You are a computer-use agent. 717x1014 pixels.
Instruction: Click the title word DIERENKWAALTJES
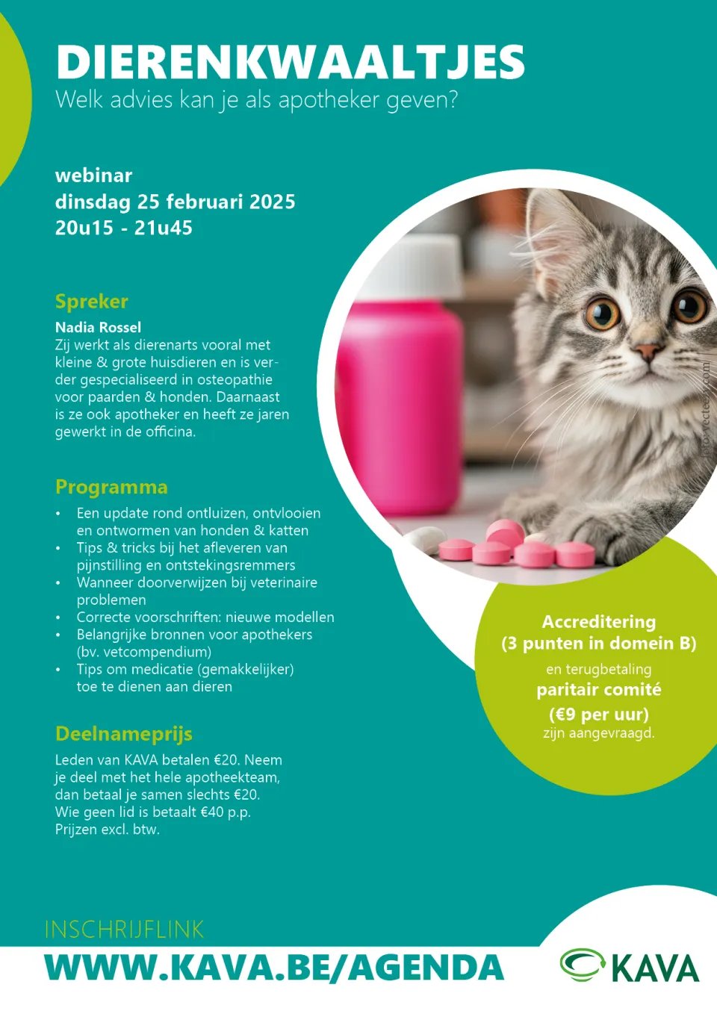coord(290,62)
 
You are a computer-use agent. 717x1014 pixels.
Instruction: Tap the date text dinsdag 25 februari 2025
coord(175,202)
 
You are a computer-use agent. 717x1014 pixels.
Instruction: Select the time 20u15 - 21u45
coord(123,228)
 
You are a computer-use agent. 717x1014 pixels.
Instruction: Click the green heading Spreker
coord(91,302)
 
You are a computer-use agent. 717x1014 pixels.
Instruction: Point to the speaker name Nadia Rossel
coord(98,327)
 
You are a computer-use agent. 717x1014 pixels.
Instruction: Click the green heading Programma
coord(111,487)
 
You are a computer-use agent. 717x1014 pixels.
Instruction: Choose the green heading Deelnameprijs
coord(123,734)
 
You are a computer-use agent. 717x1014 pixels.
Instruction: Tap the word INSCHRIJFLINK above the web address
coord(124,930)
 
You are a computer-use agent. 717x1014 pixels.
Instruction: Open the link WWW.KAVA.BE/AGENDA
coord(274,968)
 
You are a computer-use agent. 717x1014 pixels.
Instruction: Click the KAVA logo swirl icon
coord(583,964)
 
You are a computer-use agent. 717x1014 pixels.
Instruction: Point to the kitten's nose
coord(647,351)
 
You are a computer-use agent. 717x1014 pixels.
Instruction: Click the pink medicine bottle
coord(400,396)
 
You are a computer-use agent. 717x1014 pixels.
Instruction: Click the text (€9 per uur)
coord(598,715)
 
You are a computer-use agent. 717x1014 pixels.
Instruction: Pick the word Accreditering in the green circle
coord(598,622)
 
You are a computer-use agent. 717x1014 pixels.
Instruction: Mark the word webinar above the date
coord(93,175)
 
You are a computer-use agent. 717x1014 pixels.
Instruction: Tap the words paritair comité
coord(598,690)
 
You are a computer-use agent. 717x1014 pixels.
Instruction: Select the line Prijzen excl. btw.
coord(107,830)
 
